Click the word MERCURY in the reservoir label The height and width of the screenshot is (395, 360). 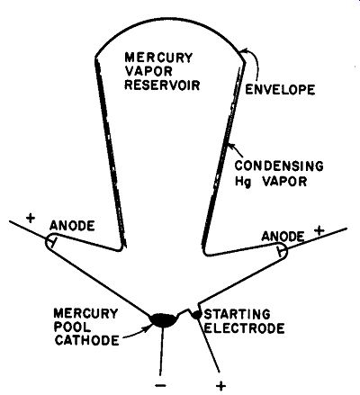tap(158, 58)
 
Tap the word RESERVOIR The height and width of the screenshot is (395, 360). tap(162, 85)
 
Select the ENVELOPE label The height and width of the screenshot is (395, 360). tap(280, 89)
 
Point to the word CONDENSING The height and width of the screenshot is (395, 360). tap(279, 166)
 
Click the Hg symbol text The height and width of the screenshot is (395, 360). tap(242, 182)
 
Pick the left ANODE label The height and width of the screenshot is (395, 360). tap(72, 226)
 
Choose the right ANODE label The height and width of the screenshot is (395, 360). tap(283, 237)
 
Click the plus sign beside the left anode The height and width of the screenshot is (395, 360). tap(31, 218)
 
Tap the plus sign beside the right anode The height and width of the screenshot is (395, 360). tap(319, 230)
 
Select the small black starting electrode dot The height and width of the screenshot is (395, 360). tap(197, 315)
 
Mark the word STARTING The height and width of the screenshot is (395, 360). tap(237, 314)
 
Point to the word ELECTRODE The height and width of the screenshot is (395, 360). tap(244, 328)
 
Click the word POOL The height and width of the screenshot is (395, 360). tap(72, 327)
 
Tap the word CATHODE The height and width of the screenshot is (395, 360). tap(86, 340)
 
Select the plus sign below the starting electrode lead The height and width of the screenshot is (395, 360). tap(221, 386)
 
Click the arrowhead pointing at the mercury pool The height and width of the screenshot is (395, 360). tap(147, 328)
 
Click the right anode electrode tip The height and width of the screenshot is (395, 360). tap(281, 250)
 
